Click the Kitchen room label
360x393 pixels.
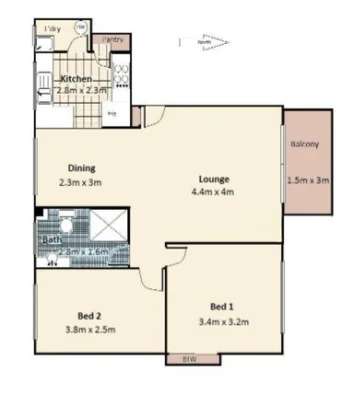tap(77, 78)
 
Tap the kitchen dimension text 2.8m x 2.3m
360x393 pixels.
tap(82, 90)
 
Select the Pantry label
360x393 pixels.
tap(112, 39)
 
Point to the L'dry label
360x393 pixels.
tap(46, 30)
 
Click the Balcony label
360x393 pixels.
tap(305, 145)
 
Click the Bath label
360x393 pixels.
tap(51, 240)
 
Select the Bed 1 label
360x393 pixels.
tap(223, 305)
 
